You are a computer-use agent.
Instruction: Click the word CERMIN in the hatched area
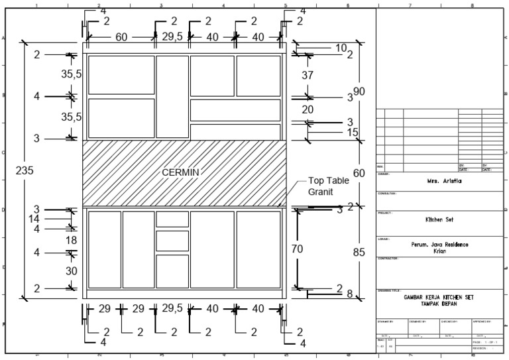tap(181, 172)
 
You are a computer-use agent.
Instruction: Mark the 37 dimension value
tap(308, 76)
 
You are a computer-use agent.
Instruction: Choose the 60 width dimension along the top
tap(121, 37)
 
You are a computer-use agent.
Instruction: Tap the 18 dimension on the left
tap(72, 240)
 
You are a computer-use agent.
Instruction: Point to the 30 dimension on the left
tap(72, 270)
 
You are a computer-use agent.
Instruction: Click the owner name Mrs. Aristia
tap(439, 180)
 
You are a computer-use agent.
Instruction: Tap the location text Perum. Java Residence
tap(439, 245)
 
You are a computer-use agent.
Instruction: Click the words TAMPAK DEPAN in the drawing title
tap(439, 303)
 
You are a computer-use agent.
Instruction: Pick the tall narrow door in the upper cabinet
tap(172, 97)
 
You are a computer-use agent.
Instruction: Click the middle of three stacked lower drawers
tap(172, 241)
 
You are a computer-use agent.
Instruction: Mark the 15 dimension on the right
tap(352, 133)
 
